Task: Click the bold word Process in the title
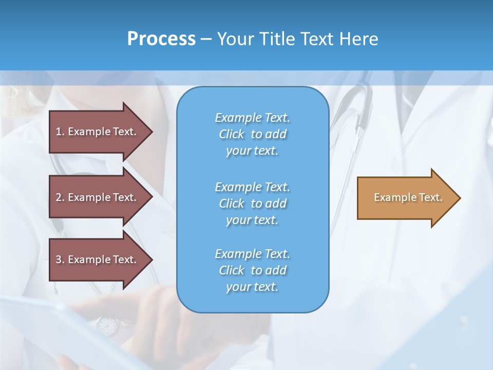coord(161,39)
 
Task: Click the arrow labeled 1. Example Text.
coord(98,132)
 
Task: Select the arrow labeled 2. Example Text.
coord(98,197)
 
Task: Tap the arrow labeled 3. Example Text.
coord(98,260)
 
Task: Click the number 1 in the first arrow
coord(59,132)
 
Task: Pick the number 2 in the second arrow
coord(59,197)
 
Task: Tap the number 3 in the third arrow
coord(59,260)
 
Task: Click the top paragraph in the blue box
coord(252,134)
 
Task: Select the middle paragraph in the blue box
coord(252,203)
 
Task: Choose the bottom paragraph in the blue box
coord(252,270)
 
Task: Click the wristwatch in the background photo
coord(107,325)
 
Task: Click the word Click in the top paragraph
coord(232,134)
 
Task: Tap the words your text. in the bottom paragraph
coord(252,287)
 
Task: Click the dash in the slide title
coord(206,39)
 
